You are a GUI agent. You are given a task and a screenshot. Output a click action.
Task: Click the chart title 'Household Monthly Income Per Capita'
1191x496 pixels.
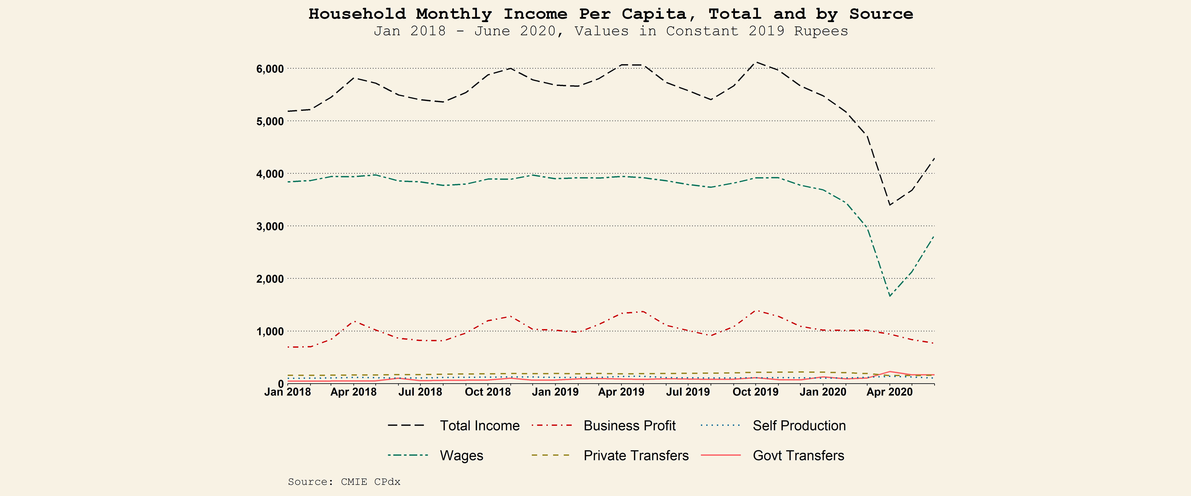[610, 14]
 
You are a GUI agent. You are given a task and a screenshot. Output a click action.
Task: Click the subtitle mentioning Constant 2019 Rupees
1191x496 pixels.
[610, 31]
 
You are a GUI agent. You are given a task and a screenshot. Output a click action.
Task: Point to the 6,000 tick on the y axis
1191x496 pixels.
[270, 69]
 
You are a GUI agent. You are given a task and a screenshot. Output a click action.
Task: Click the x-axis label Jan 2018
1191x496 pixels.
[288, 392]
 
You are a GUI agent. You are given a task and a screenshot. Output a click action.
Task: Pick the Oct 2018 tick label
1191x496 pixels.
[488, 392]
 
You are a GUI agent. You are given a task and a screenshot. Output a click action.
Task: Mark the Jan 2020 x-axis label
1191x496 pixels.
[823, 392]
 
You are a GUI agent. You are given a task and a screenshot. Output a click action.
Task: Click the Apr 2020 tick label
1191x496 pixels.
[889, 392]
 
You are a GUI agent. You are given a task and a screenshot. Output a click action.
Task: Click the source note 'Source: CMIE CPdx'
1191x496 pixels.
[344, 482]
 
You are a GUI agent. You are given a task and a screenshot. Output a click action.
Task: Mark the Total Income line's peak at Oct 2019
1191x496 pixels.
[756, 62]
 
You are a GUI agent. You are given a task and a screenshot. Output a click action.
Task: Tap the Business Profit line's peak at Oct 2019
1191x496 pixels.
[756, 310]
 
